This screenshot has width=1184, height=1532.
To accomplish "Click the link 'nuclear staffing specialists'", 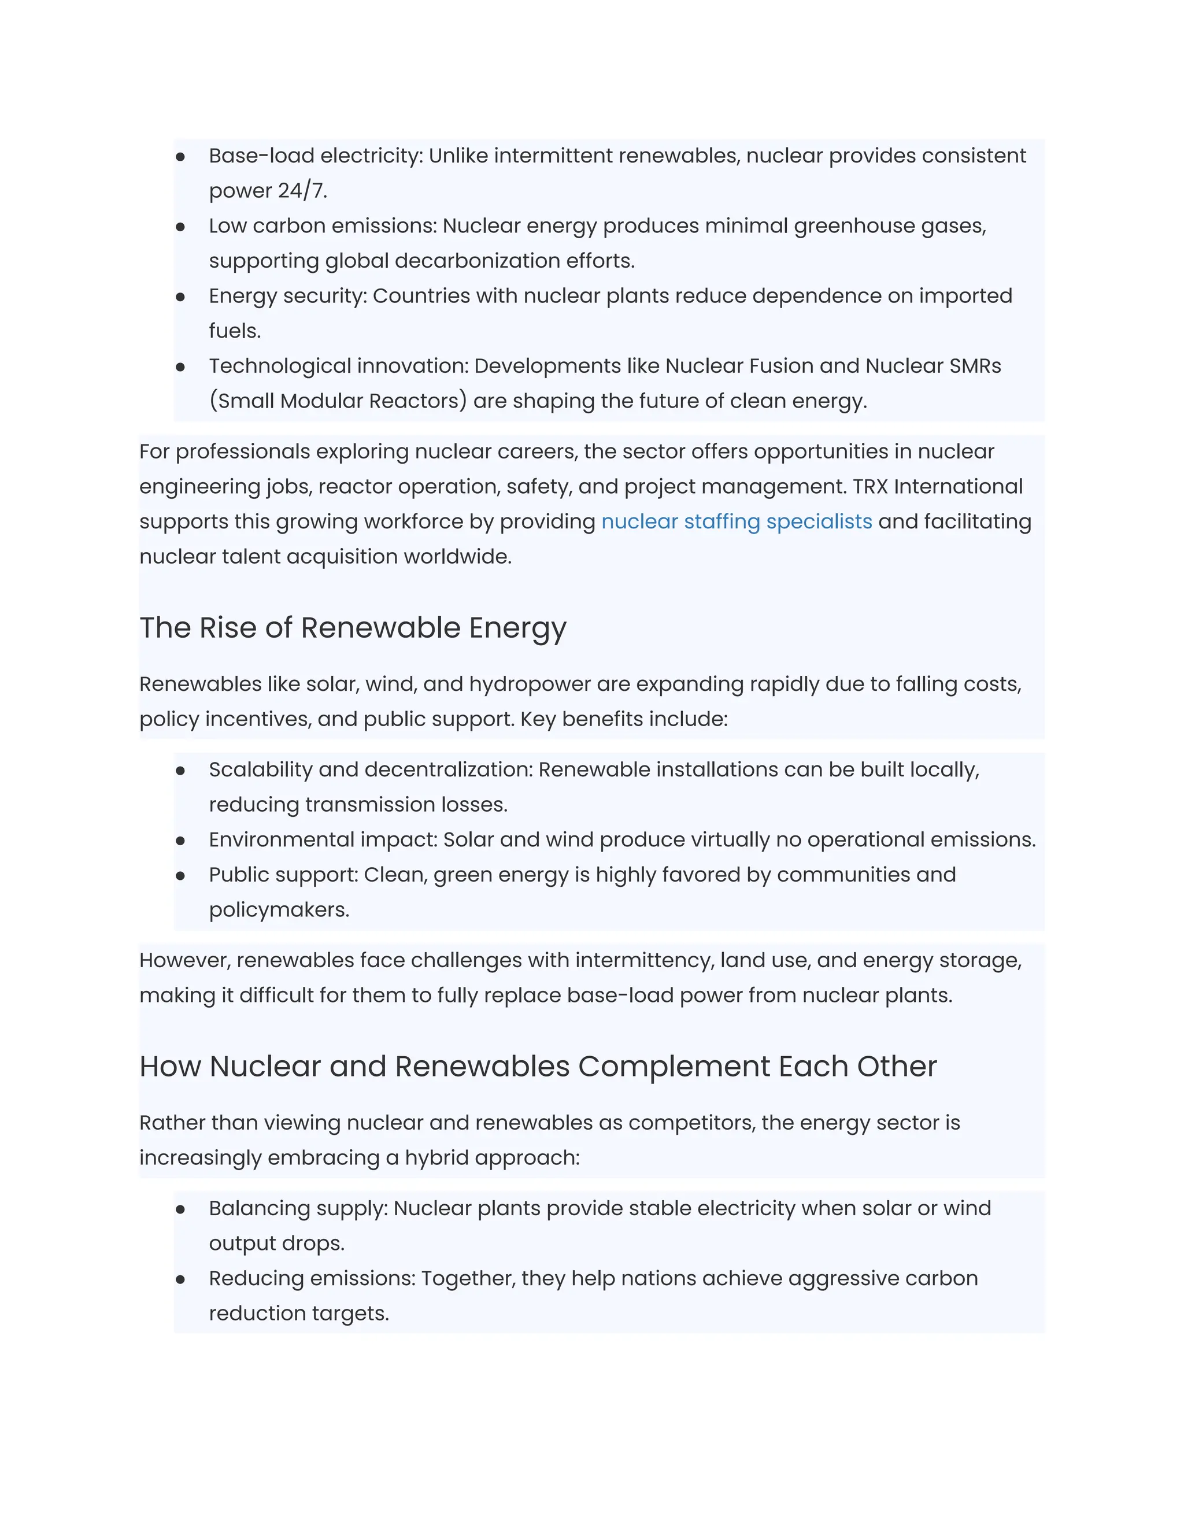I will click(737, 521).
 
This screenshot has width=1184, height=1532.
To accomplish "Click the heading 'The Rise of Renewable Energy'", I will click(353, 627).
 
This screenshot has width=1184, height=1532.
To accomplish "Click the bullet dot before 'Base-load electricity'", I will click(180, 157).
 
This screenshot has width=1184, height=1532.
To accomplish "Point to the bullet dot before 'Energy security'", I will click(180, 297).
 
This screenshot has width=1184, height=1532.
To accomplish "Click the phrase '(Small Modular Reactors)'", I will click(338, 401).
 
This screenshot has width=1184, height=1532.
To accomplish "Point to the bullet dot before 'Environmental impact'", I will click(180, 841).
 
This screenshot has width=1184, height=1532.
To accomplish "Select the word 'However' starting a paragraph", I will click(184, 960).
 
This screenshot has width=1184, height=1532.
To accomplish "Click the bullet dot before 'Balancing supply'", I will click(180, 1209).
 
